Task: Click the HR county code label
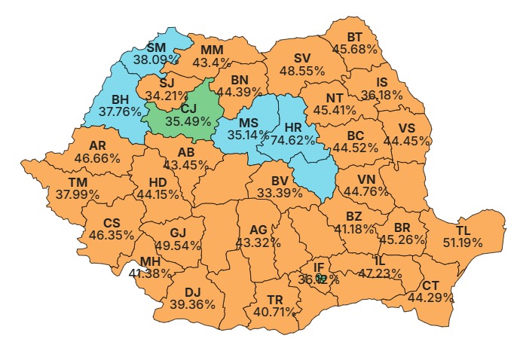[293, 127]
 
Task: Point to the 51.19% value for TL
[479, 242]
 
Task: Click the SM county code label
[156, 47]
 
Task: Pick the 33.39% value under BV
[280, 194]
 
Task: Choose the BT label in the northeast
[355, 37]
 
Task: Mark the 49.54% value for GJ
[177, 245]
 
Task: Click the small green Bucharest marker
[322, 278]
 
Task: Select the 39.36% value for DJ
[194, 304]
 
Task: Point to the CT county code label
[430, 285]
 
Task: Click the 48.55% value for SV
[302, 70]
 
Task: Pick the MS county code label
[249, 122]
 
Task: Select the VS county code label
[406, 127]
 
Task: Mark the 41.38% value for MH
[149, 273]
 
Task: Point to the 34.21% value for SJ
[168, 96]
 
